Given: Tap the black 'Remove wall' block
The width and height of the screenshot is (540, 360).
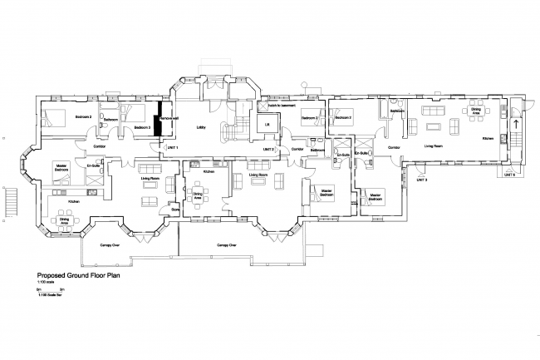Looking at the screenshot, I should point(166,121).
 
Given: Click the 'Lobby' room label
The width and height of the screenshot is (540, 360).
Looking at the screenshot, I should point(202,127).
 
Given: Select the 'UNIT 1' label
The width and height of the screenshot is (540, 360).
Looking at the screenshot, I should point(173,147).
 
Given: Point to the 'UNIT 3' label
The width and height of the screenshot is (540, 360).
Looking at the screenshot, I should point(421,179).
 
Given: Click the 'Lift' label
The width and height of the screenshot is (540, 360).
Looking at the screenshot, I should point(267,125).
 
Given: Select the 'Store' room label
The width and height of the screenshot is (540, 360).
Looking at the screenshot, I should point(175,210).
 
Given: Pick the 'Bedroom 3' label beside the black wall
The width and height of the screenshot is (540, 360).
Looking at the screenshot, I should point(143,127).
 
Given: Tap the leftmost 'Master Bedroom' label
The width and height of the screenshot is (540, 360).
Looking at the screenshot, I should point(61,168).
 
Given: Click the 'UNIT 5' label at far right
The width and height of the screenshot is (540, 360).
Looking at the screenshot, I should point(508,175).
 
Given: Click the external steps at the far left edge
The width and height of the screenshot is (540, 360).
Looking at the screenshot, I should point(10,202).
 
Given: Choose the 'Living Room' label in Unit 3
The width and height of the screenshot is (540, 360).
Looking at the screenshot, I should point(434,146).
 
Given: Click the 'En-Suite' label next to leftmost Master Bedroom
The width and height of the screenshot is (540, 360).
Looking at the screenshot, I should point(93,166).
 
